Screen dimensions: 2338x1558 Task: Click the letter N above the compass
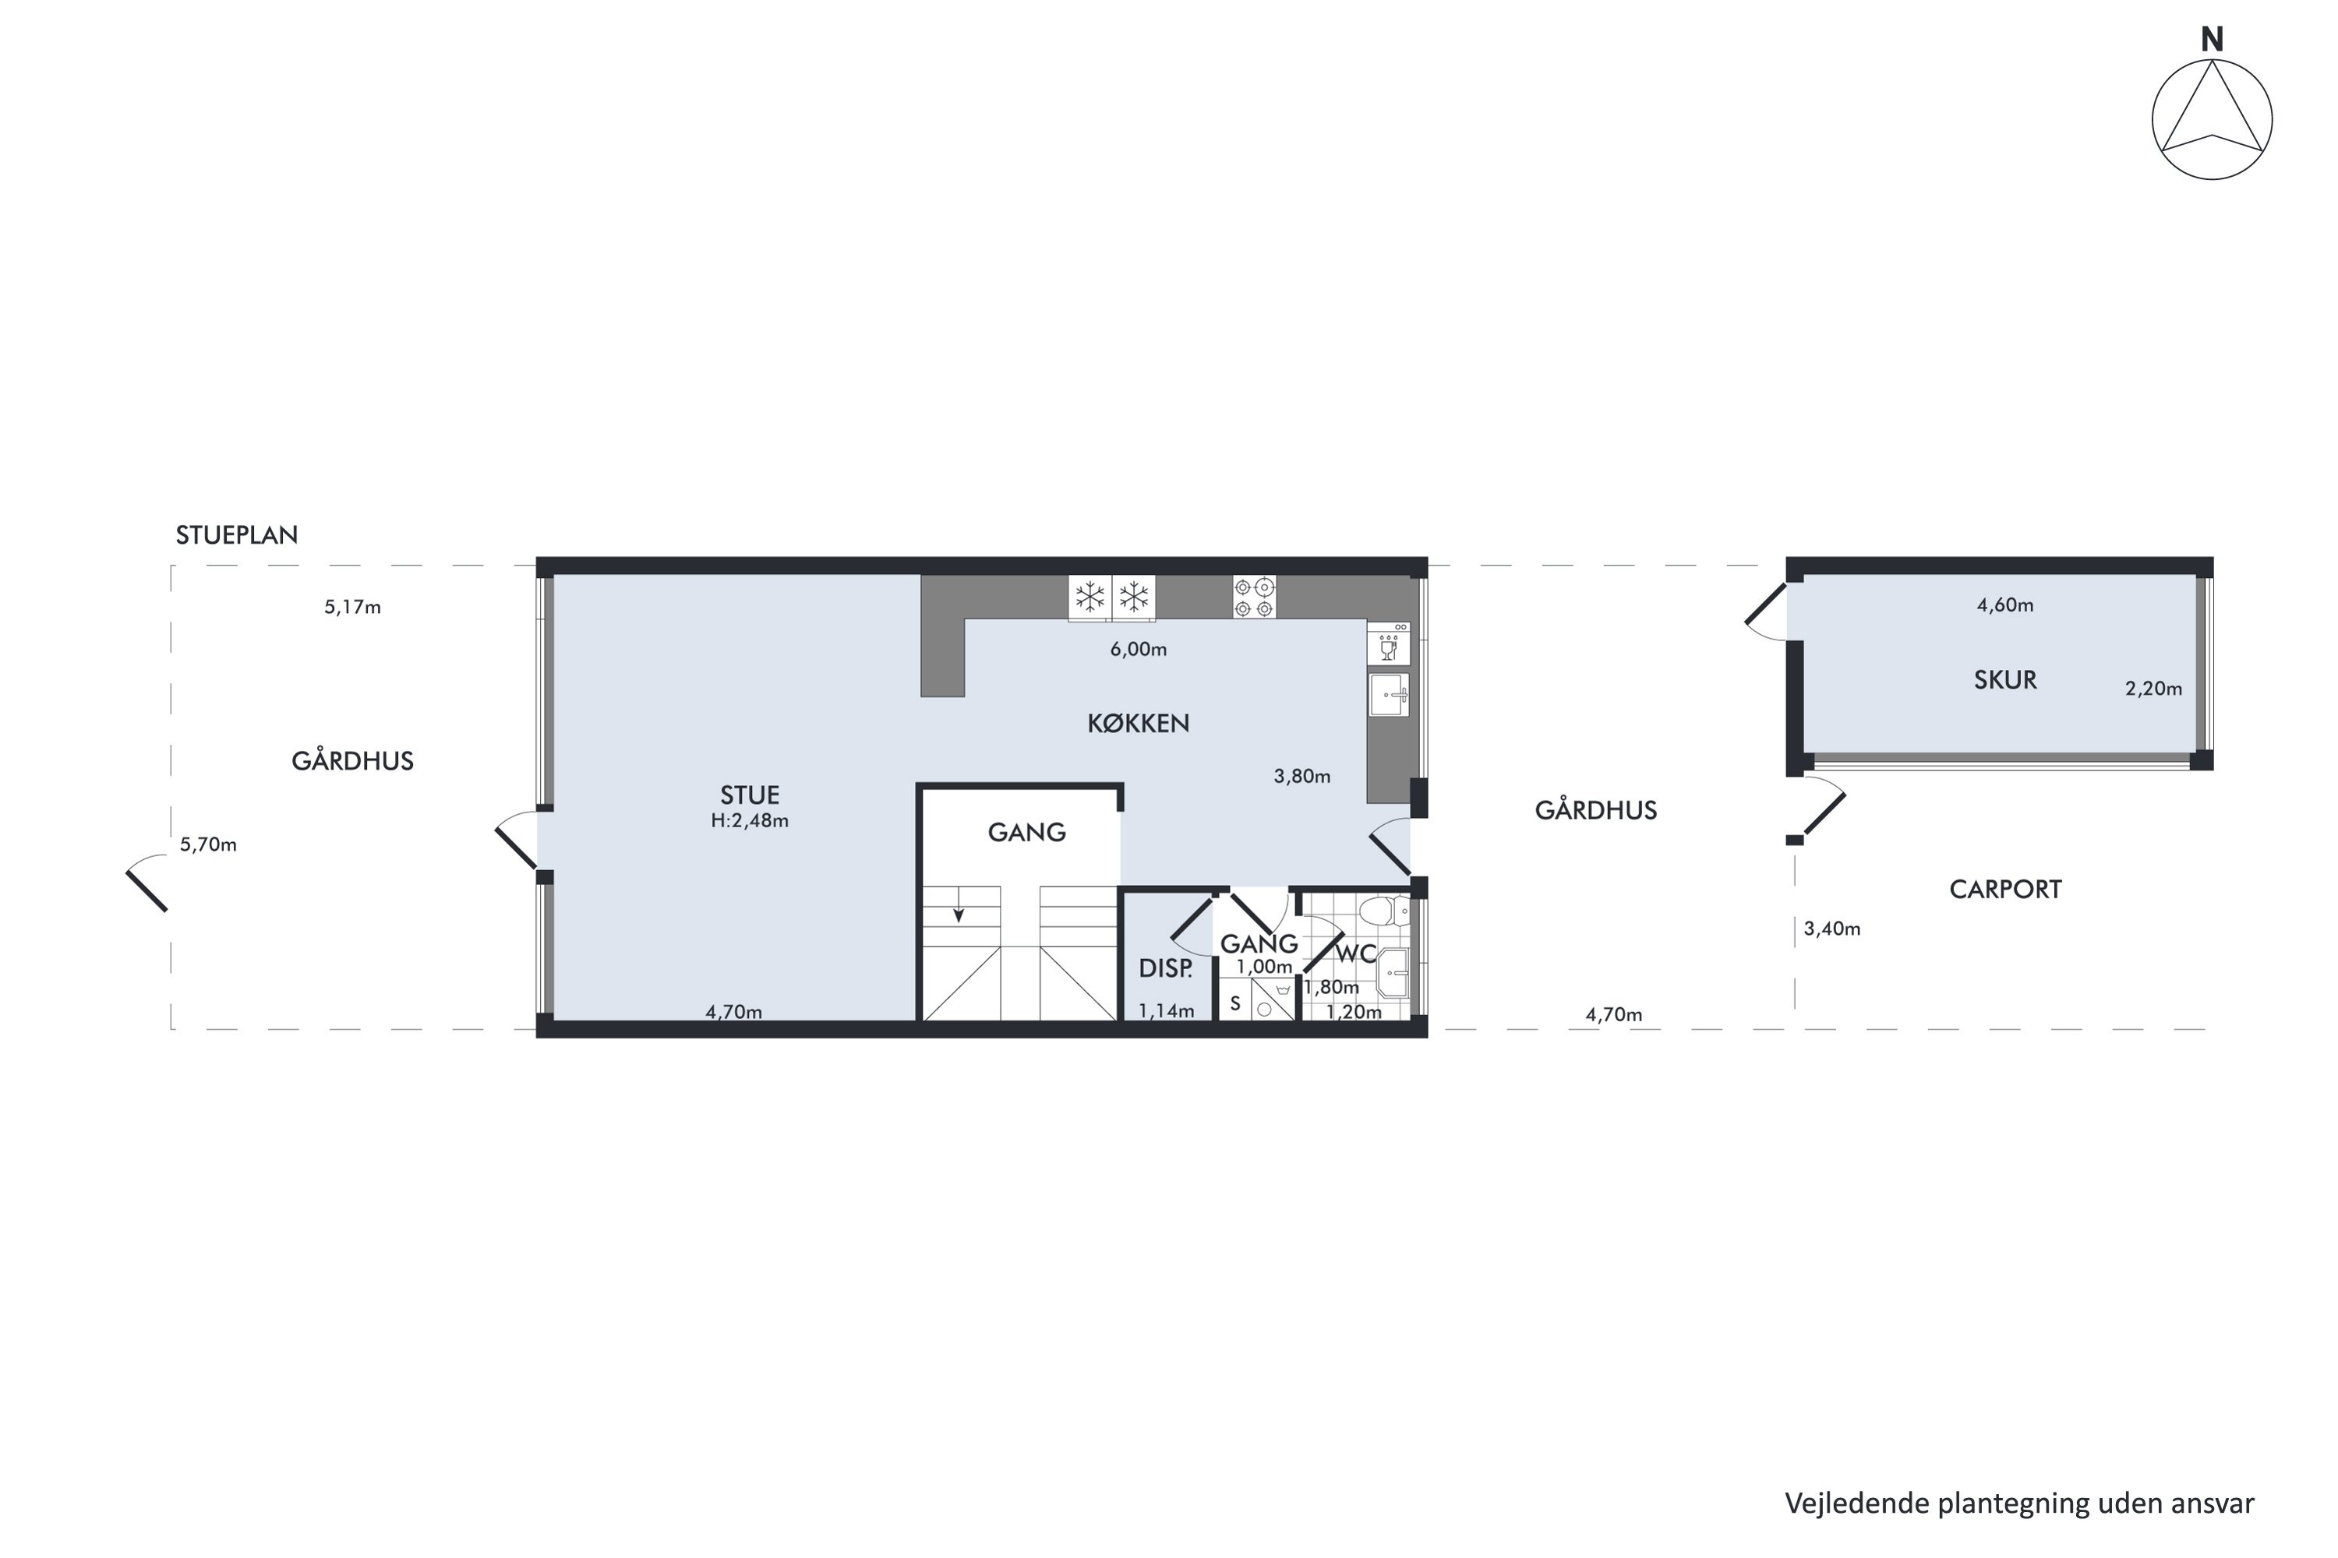click(x=2212, y=40)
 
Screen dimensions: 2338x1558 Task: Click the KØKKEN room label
click(x=1138, y=724)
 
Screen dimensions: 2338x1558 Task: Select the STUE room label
click(x=750, y=795)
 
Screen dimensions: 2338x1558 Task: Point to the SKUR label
click(x=2005, y=679)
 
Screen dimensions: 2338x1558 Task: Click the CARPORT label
click(x=2005, y=890)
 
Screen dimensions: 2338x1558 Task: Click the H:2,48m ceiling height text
click(x=750, y=821)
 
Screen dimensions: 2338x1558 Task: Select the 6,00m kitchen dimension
click(x=1138, y=650)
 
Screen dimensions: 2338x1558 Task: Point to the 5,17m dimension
click(x=353, y=607)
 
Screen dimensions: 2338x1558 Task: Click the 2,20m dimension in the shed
click(x=2153, y=689)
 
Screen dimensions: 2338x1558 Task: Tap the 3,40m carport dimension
click(x=1832, y=929)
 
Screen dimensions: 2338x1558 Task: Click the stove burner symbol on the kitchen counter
click(x=1255, y=598)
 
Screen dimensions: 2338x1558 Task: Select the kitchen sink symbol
click(x=1389, y=695)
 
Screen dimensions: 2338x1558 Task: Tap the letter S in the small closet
click(x=1235, y=1003)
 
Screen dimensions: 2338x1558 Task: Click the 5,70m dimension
click(x=208, y=844)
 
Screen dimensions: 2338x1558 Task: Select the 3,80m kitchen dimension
click(x=1302, y=777)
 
